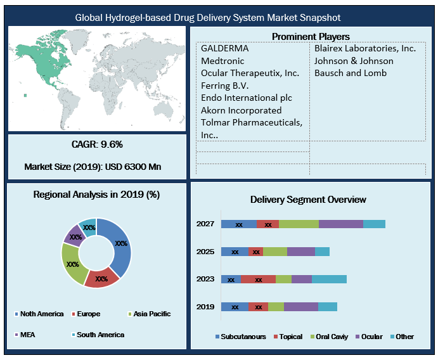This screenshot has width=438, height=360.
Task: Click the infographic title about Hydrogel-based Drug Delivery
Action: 218,18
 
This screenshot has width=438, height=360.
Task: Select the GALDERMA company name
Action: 224,49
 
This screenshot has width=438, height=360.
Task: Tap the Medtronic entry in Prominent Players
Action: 222,61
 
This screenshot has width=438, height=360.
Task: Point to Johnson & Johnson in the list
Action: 354,61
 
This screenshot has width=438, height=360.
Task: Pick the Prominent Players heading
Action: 311,37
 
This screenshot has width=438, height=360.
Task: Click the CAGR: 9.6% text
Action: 96,145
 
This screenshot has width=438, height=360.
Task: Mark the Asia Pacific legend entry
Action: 150,314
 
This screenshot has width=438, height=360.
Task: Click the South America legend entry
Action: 100,334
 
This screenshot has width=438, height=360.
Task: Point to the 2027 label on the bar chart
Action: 205,224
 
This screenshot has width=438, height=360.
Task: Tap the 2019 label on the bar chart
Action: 205,307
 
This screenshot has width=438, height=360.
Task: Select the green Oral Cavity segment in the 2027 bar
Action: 299,224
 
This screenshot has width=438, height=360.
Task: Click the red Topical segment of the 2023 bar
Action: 258,279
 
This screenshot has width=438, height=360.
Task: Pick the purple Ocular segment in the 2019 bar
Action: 300,307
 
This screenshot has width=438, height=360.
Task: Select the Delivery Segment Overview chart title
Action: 308,200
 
